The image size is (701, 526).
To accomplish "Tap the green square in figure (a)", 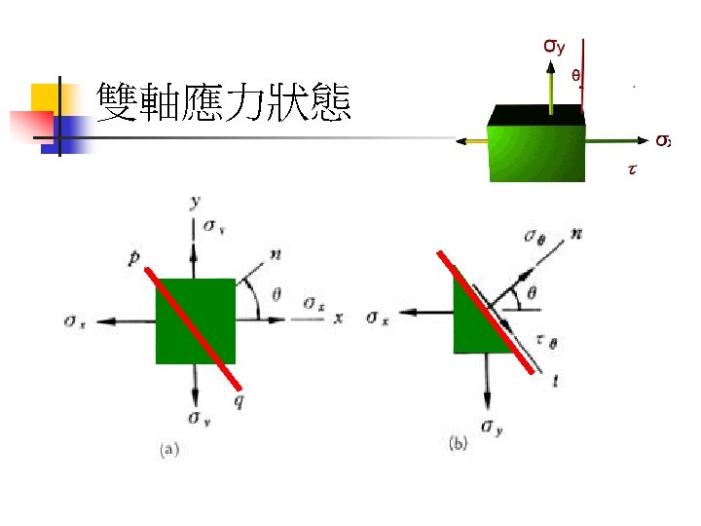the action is pyautogui.click(x=195, y=320).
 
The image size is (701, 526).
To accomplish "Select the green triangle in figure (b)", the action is pyautogui.click(x=473, y=326).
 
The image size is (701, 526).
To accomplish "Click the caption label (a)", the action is pyautogui.click(x=169, y=449).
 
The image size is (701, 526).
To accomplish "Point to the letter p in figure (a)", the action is pyautogui.click(x=133, y=260).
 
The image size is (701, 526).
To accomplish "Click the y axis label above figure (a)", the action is pyautogui.click(x=196, y=202).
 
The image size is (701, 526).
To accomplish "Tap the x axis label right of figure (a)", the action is pyautogui.click(x=338, y=318).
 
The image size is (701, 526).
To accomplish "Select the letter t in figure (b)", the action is pyautogui.click(x=554, y=382).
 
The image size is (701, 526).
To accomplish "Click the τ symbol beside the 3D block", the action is pyautogui.click(x=631, y=169).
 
